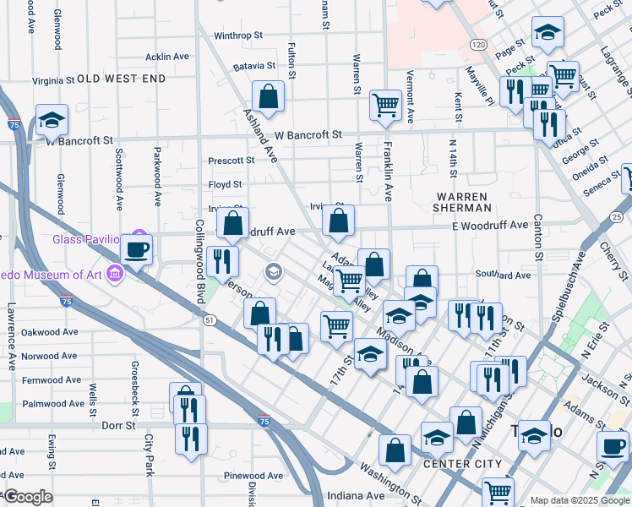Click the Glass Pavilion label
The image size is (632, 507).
[x=88, y=238]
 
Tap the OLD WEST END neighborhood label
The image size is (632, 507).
[x=122, y=79]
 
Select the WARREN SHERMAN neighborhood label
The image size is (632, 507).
[x=462, y=201]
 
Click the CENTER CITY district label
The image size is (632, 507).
[x=462, y=464]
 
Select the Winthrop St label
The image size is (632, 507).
[x=239, y=36]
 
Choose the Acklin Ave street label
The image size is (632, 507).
[x=167, y=57]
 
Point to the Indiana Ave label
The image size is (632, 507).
[x=357, y=495]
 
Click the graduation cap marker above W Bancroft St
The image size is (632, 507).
[x=52, y=121]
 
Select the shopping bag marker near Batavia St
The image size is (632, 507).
[x=268, y=97]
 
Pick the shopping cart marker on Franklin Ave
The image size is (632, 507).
[x=385, y=106]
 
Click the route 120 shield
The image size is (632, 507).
[x=478, y=44]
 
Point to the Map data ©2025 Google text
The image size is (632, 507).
[x=579, y=500]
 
